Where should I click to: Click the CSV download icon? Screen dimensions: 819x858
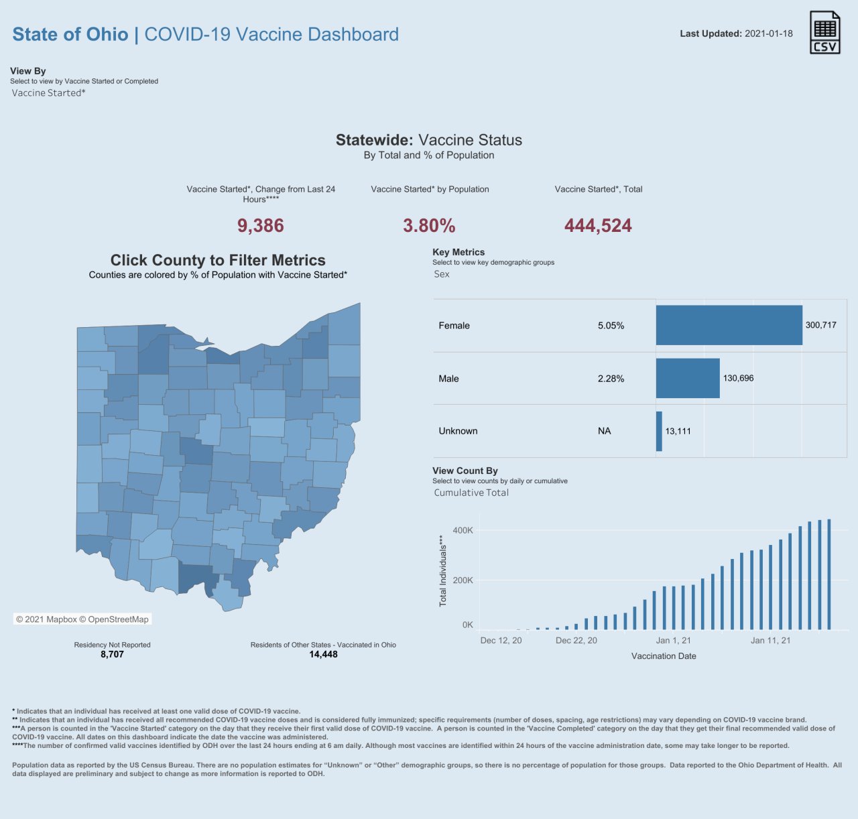pyautogui.click(x=824, y=32)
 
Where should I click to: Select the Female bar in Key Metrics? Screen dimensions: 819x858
pyautogui.click(x=729, y=325)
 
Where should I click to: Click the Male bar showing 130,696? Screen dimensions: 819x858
pyautogui.click(x=688, y=378)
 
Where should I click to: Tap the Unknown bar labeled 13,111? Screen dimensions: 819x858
pyautogui.click(x=659, y=431)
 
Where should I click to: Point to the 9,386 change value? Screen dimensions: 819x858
pyautogui.click(x=261, y=226)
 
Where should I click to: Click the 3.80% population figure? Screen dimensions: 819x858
pyautogui.click(x=429, y=226)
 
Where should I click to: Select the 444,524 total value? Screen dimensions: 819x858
pyautogui.click(x=598, y=226)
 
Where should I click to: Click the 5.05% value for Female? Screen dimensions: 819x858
pyautogui.click(x=611, y=326)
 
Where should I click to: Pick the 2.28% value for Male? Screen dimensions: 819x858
pyautogui.click(x=611, y=379)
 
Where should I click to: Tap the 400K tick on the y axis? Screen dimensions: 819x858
pyautogui.click(x=463, y=530)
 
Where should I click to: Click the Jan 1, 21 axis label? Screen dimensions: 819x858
pyautogui.click(x=673, y=641)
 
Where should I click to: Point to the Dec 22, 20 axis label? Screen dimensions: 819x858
pyautogui.click(x=576, y=641)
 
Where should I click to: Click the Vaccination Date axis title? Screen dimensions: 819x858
pyautogui.click(x=664, y=656)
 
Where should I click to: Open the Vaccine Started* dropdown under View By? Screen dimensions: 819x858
pyautogui.click(x=49, y=93)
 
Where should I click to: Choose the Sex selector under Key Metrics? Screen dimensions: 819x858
pyautogui.click(x=442, y=274)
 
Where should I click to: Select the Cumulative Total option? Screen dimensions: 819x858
pyautogui.click(x=471, y=493)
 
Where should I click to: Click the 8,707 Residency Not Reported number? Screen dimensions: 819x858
pyautogui.click(x=112, y=654)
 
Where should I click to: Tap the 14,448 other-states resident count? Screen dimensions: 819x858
pyautogui.click(x=323, y=654)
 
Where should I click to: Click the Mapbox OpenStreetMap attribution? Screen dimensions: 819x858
pyautogui.click(x=82, y=619)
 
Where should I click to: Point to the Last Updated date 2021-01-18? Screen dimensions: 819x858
pyautogui.click(x=768, y=34)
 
